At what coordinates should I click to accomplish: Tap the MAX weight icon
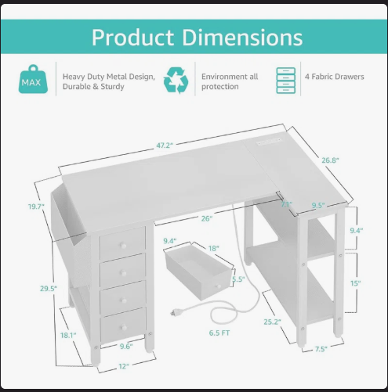coord(31,81)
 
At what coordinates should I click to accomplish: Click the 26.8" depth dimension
coord(331,160)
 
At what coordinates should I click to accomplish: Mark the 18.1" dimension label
coord(67,336)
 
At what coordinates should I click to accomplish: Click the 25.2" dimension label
coord(272,321)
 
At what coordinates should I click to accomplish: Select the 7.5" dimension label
coord(322,350)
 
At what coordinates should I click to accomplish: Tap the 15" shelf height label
coord(356,283)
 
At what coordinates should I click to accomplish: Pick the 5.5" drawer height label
coord(239,279)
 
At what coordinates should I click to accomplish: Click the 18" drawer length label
coord(213,248)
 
